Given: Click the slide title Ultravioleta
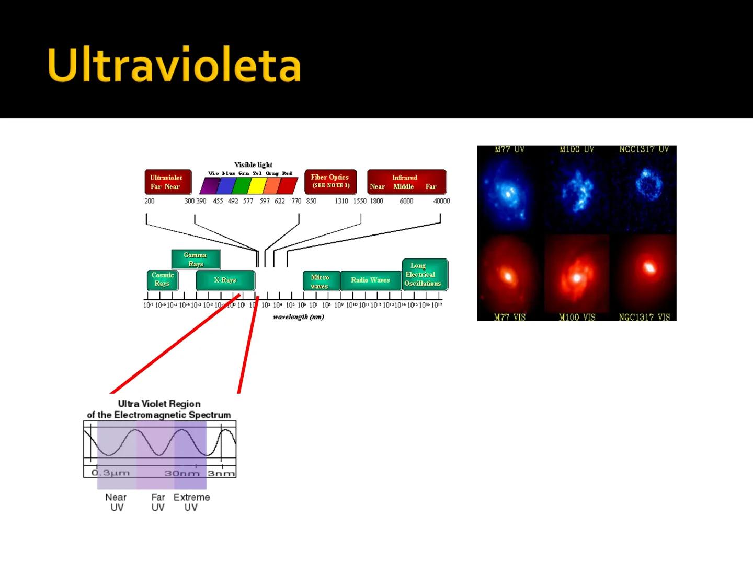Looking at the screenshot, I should coord(174,65).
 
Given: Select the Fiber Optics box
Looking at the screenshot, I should coord(330,181).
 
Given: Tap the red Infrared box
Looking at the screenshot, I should coord(406,182).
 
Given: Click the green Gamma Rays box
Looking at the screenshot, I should coord(196,259).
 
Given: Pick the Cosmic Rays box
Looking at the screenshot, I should coord(163,279).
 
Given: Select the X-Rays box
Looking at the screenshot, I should coord(225,280).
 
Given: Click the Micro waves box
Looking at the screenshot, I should coord(321,281).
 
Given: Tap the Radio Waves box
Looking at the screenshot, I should coord(370,280).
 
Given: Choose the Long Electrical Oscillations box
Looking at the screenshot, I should coord(424,275).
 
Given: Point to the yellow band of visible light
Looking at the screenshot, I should coord(256,186).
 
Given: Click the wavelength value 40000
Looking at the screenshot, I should coord(441,201).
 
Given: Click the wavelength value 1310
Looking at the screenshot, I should coord(341,201).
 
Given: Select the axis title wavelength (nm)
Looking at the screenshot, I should coord(298,317).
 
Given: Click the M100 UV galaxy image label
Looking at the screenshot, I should coord(576,150).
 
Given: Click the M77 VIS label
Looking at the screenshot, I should coord(510,317).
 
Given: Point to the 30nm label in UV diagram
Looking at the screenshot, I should coord(181,473).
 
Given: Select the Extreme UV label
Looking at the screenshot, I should coord(191,502).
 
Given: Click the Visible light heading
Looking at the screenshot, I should coord(253,164).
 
